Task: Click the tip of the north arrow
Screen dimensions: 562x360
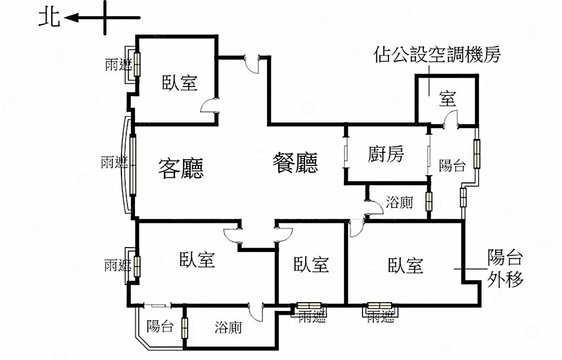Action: [65, 17]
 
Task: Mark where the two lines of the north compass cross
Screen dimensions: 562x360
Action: [105, 17]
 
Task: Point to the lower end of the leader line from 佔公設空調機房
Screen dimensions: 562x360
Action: [429, 96]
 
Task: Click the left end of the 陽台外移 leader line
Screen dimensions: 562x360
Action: [455, 268]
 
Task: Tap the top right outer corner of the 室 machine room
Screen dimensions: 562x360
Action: [478, 75]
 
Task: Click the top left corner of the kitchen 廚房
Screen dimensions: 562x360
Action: [346, 125]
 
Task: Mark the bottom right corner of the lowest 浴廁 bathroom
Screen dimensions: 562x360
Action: [277, 348]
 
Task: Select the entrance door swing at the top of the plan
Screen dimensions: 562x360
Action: [252, 65]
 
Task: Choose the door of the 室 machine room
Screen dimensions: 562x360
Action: [451, 119]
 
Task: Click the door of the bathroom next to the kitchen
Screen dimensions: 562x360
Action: [374, 208]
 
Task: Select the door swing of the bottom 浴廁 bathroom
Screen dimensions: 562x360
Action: [256, 313]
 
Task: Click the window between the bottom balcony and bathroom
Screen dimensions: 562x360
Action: [184, 328]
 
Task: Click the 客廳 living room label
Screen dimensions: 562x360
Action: [181, 168]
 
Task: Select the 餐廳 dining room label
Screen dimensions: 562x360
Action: [295, 163]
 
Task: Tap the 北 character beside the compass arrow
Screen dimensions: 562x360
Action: [49, 17]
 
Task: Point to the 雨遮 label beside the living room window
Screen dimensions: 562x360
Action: [114, 163]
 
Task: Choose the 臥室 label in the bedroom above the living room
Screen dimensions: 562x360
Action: [180, 83]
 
